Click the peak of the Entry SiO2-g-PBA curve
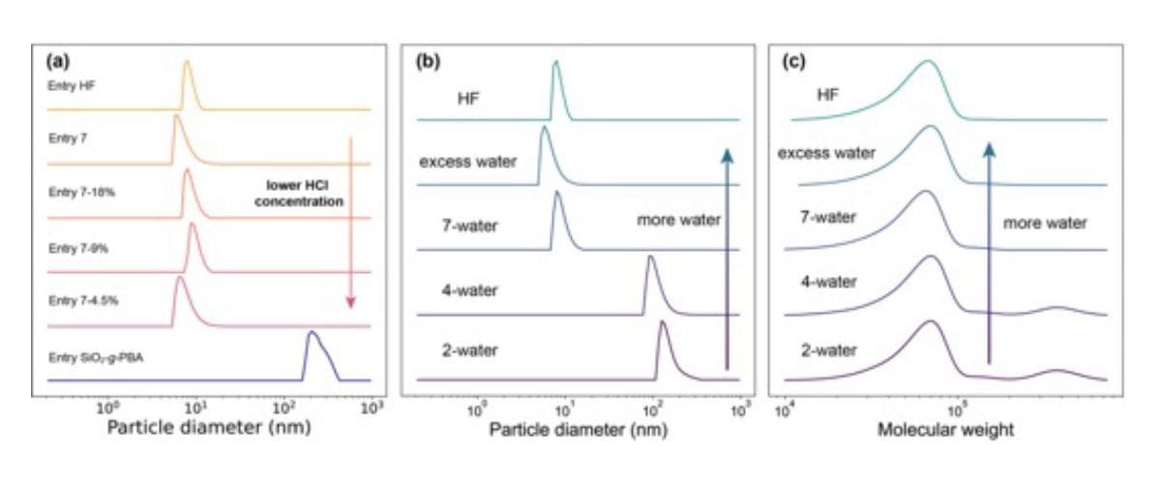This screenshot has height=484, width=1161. (x=311, y=333)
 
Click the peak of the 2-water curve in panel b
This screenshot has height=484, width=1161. (x=663, y=322)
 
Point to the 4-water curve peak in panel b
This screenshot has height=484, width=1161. (x=650, y=257)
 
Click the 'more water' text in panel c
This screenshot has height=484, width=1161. (x=1045, y=223)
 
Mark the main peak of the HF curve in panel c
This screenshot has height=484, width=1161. (x=928, y=62)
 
